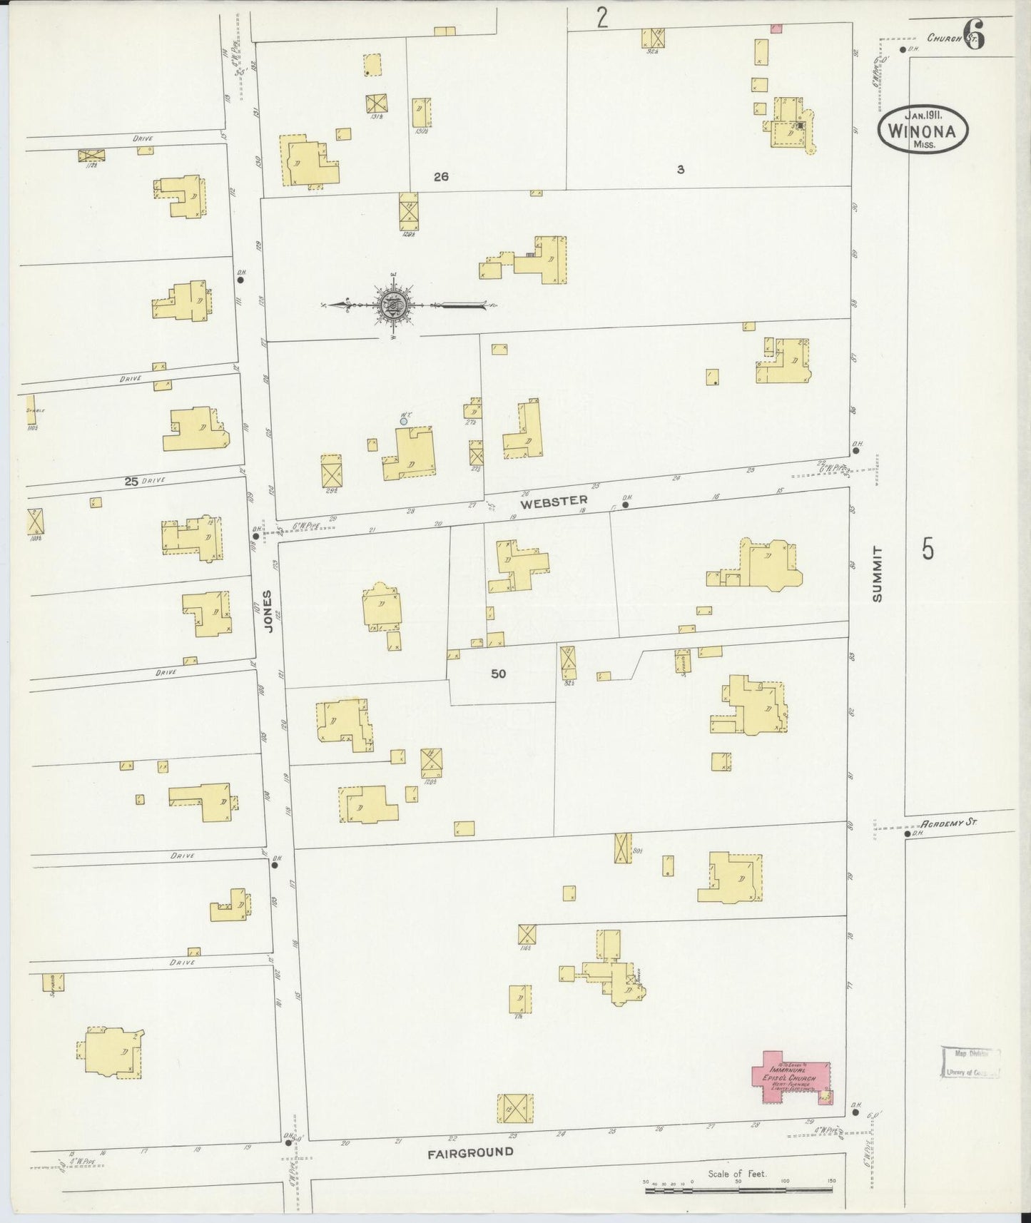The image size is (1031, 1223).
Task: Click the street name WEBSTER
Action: click(x=554, y=502)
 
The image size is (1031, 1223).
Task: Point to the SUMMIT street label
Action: click(x=877, y=574)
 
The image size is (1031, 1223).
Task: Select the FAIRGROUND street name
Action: click(x=470, y=1152)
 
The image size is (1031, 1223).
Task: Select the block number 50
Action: click(x=498, y=673)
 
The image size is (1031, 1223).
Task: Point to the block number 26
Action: click(x=441, y=176)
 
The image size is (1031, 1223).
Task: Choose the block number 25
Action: click(x=131, y=482)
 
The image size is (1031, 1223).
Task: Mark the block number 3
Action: click(x=681, y=170)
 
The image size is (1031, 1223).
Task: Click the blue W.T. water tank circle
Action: click(x=404, y=422)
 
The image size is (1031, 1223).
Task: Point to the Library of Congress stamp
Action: click(x=970, y=1062)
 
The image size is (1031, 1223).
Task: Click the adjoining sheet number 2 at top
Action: click(x=602, y=18)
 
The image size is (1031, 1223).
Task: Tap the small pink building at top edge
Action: click(x=776, y=29)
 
